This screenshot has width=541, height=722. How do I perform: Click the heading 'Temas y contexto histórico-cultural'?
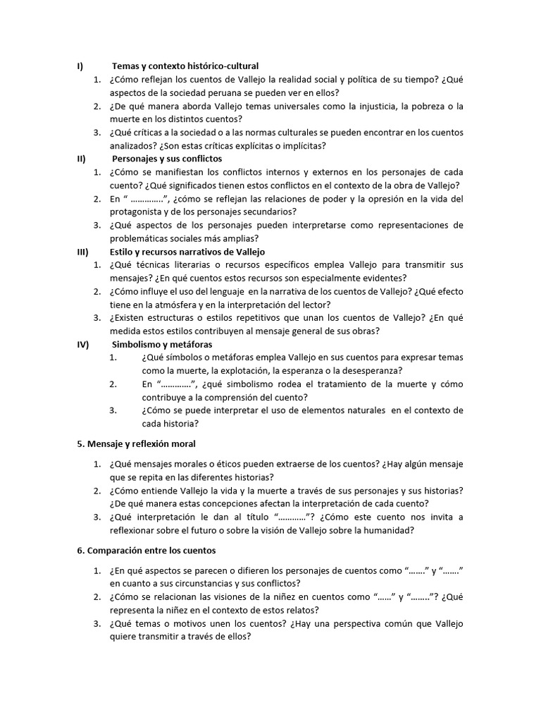[x=185, y=66]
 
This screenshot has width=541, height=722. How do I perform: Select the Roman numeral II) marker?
[x=81, y=159]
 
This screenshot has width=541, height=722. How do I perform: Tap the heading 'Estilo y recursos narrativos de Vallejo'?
[x=187, y=252]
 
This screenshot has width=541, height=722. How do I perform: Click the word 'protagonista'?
[x=138, y=212]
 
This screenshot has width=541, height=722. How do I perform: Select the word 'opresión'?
[x=398, y=199]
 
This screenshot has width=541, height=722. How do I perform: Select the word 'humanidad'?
[x=392, y=530]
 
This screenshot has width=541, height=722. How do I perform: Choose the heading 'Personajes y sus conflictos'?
[x=167, y=159]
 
